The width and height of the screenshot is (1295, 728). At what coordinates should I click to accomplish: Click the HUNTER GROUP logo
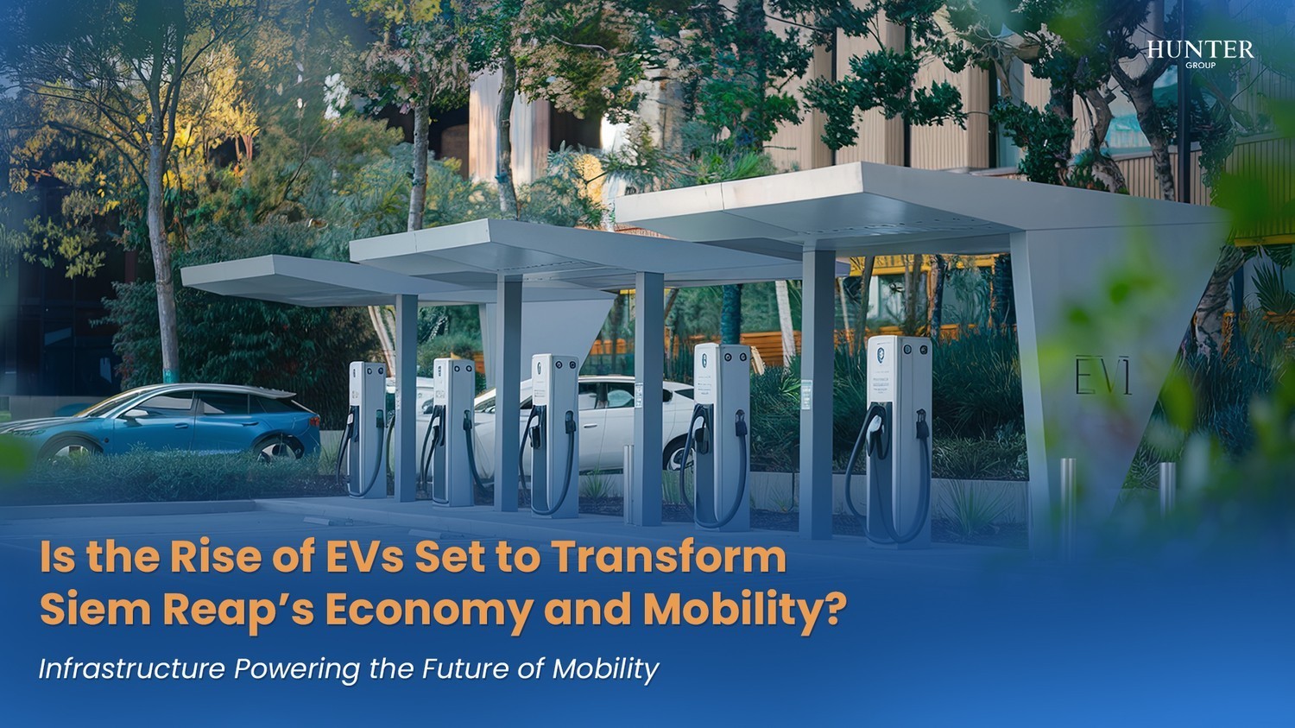[x=1200, y=53]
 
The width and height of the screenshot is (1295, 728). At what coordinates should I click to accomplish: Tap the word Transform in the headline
[x=668, y=557]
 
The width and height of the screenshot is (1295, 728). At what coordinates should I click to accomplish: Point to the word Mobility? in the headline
[x=742, y=610]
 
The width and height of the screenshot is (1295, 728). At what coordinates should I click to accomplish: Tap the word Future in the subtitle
[x=467, y=669]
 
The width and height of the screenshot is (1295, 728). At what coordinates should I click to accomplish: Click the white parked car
[x=604, y=423]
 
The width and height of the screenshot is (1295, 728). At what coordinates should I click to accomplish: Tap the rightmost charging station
[x=899, y=436]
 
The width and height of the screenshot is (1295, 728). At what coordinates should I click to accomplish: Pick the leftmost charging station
[x=367, y=427]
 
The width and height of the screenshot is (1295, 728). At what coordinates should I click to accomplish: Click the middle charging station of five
[x=553, y=432]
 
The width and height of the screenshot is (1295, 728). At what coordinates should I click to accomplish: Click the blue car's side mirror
[x=135, y=414]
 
